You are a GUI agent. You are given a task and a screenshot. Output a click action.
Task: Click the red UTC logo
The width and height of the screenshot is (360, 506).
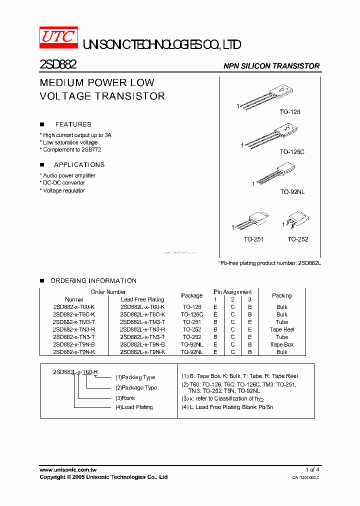click(x=58, y=38)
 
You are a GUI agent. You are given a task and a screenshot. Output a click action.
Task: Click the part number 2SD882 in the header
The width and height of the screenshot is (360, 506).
click(x=57, y=65)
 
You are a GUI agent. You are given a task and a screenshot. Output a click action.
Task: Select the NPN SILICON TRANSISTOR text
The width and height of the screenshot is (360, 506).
click(x=271, y=66)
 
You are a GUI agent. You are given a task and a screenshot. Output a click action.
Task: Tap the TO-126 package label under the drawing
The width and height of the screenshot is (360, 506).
click(x=290, y=112)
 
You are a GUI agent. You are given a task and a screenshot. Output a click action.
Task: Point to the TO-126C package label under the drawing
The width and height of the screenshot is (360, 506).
click(x=291, y=151)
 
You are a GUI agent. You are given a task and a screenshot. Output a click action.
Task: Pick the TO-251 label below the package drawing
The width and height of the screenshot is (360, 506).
click(x=254, y=239)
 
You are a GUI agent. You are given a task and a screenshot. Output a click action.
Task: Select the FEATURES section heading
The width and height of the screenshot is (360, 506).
click(x=73, y=124)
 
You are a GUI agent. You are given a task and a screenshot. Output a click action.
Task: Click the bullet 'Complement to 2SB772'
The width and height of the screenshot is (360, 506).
click(x=70, y=149)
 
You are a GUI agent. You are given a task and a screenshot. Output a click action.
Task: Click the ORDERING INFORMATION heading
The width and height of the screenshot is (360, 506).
click(x=93, y=281)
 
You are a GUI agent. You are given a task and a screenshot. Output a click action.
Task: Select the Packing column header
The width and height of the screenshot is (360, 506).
click(x=281, y=295)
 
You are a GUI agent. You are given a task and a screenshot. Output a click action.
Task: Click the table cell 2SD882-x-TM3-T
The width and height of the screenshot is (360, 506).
click(x=73, y=322)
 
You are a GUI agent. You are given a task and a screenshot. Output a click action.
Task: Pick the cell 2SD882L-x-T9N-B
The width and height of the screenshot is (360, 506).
click(x=142, y=344)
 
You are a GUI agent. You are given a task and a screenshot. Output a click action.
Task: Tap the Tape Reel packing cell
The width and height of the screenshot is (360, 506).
click(x=281, y=329)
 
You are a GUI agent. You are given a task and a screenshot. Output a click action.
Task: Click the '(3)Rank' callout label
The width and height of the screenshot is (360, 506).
click(x=125, y=398)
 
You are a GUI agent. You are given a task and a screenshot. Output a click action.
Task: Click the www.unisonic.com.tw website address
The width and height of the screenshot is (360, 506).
click(x=68, y=470)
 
